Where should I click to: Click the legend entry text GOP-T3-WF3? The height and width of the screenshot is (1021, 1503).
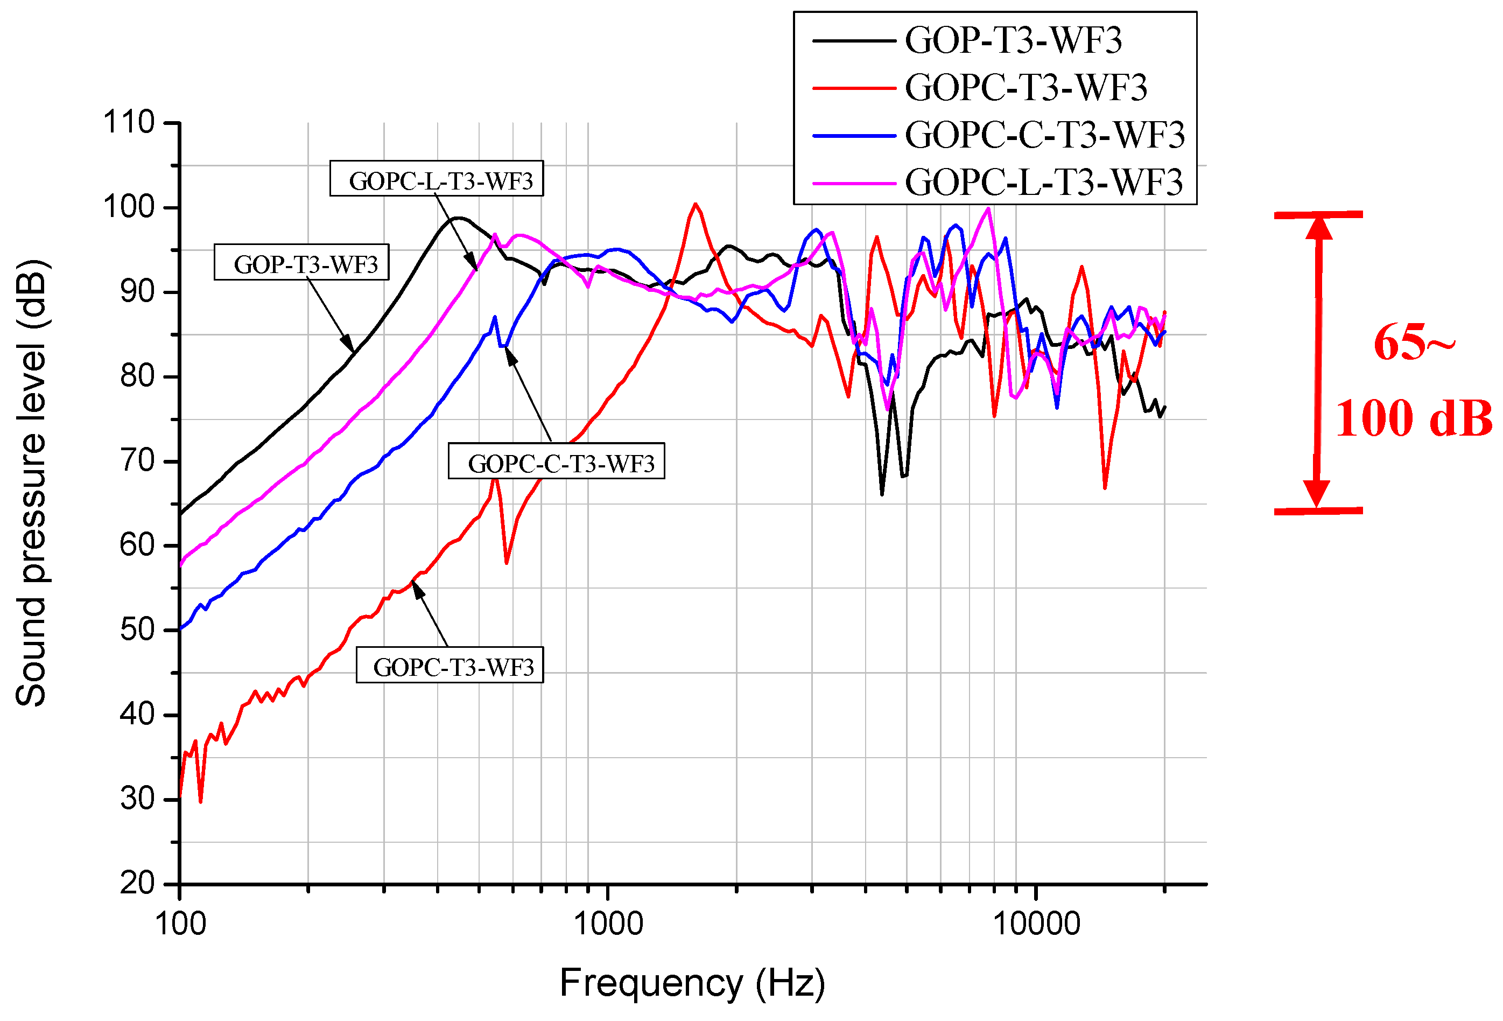coord(1013,40)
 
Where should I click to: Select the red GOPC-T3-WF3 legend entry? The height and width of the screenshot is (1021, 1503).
coord(1026,87)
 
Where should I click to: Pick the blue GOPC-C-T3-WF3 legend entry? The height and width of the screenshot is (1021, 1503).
coord(1044,135)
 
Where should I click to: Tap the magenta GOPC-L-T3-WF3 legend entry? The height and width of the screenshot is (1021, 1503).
coord(1043,182)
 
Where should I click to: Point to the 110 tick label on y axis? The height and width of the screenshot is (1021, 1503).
coord(129,122)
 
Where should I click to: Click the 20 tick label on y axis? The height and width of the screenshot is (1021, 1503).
coord(137,883)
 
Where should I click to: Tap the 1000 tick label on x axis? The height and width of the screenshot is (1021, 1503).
coord(608,924)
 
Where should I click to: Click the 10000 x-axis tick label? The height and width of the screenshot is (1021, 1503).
coord(1036,924)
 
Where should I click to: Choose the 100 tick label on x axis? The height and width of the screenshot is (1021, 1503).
coord(180,924)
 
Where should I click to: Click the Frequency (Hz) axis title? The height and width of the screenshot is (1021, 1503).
coord(692,983)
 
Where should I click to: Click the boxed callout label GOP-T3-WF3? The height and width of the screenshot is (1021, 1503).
coord(301,263)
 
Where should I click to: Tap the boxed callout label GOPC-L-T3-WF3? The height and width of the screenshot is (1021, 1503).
coord(437,179)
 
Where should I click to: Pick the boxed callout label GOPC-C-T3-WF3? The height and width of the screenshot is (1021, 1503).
coord(557,461)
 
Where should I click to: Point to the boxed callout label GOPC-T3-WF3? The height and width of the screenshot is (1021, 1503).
coord(450,665)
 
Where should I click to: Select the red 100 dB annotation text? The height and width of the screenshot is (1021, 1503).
coord(1413,418)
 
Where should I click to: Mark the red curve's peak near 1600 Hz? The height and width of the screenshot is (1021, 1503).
coord(695,205)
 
